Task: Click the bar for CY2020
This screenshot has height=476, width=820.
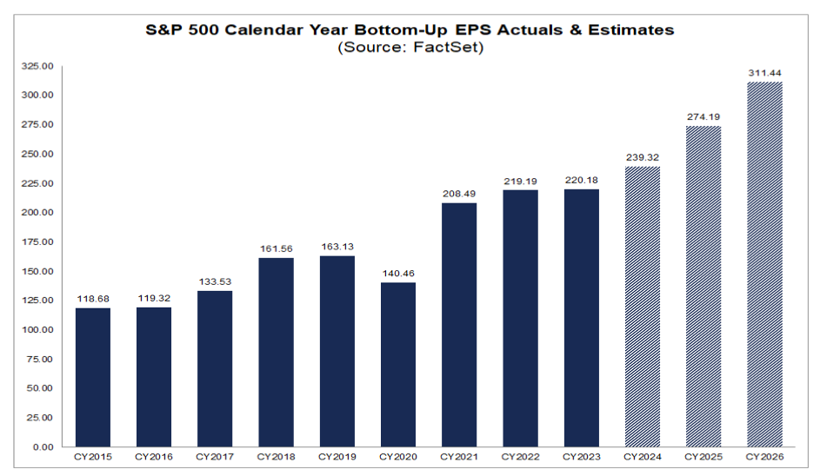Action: coord(399,365)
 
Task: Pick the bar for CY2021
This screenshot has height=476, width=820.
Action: coord(460,325)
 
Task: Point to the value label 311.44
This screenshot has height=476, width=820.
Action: coord(764,74)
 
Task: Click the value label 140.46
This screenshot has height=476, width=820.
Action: coord(399,274)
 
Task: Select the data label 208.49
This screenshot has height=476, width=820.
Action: coord(460,195)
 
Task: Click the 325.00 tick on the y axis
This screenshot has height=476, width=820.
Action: coord(38,66)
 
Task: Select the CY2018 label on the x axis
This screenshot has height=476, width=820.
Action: coord(277,457)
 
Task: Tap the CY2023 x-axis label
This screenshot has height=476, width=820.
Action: coord(581,457)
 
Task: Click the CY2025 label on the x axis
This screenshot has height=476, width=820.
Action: coord(703,457)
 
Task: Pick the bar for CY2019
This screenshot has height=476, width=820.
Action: coord(338,352)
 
